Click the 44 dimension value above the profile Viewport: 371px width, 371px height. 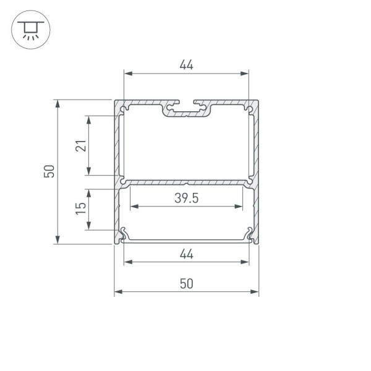tap(186, 64)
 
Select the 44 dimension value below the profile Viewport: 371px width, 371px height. tap(186, 254)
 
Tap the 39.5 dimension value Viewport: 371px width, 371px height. tap(186, 198)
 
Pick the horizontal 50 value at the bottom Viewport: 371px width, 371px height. tap(186, 283)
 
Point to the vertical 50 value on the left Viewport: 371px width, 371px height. tap(49, 171)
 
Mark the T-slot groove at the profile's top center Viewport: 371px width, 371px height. tap(186, 109)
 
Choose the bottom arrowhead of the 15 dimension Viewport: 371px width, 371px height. tap(90, 227)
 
